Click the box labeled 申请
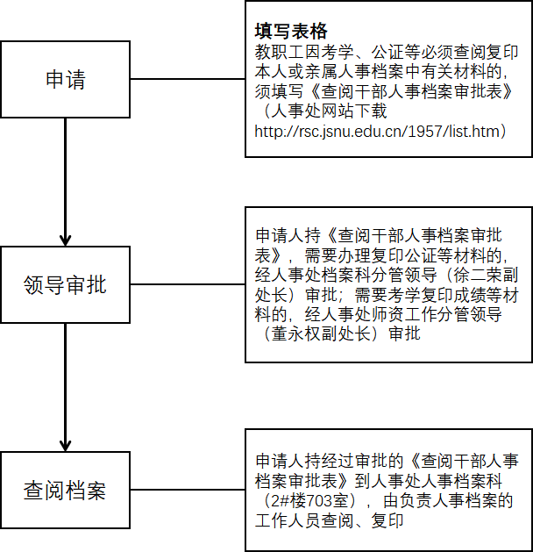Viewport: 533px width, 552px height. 66,79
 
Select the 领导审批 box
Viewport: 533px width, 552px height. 66,284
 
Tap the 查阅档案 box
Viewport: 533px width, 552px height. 66,490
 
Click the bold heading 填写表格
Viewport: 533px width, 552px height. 291,31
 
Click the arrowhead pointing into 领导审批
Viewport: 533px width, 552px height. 66,240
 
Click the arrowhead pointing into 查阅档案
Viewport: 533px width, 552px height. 66,446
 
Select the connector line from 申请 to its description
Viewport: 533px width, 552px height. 188,79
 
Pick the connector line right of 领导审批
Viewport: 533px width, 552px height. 188,284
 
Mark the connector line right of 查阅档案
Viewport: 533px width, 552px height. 188,490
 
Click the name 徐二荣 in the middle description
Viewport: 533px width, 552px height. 478,276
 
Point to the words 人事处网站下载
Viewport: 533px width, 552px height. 329,111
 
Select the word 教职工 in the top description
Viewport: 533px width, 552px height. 279,52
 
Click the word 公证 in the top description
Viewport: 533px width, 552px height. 386,52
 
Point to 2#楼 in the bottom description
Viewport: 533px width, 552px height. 288,500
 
